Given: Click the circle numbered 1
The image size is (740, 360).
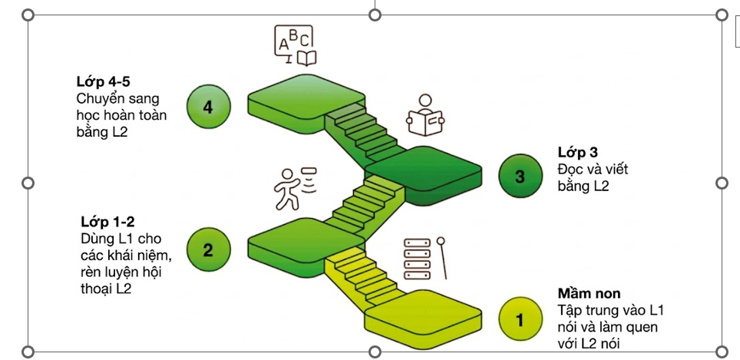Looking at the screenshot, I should [x=520, y=319].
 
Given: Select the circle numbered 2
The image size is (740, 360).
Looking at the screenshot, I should [x=208, y=249].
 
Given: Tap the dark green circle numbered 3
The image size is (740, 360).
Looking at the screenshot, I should [x=520, y=177].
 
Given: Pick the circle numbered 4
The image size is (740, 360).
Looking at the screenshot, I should [x=208, y=107].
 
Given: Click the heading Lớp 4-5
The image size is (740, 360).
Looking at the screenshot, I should [x=104, y=81].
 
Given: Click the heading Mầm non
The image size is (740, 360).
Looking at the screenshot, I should [x=590, y=293].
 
